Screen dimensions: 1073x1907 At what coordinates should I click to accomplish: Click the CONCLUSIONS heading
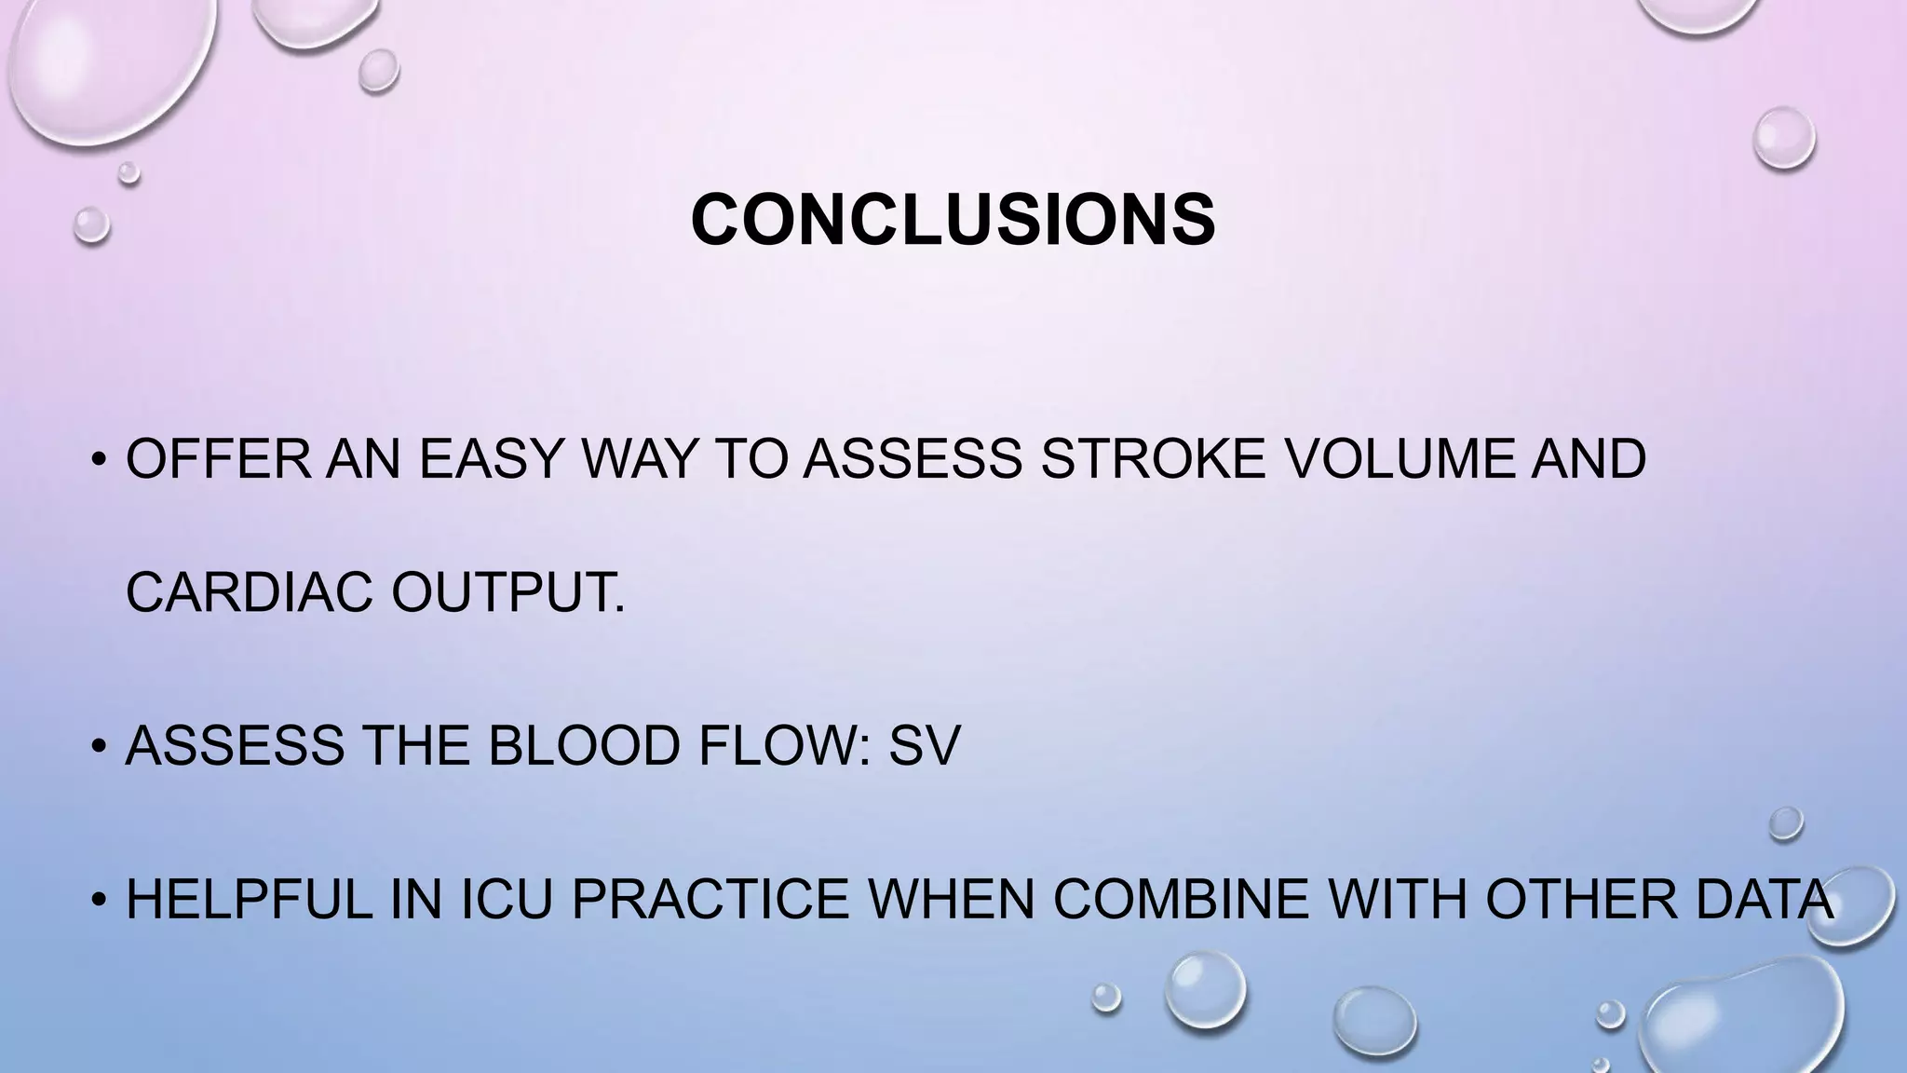click(x=953, y=221)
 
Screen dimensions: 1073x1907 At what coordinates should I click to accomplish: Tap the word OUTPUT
click(x=507, y=591)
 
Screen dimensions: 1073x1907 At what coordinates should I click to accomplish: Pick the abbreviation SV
click(x=924, y=745)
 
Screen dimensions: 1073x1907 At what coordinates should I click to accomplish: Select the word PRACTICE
click(x=710, y=900)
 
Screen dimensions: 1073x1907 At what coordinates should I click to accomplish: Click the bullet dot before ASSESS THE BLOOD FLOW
click(x=97, y=747)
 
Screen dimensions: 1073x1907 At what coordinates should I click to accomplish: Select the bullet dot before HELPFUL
click(x=97, y=902)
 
